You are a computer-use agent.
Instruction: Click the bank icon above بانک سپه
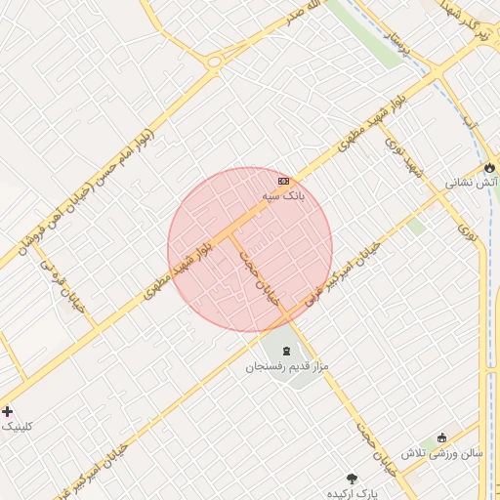click(283, 182)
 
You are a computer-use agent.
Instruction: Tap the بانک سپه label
click(283, 196)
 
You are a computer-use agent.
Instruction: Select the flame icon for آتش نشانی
click(489, 168)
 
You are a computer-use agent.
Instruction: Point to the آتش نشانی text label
click(473, 183)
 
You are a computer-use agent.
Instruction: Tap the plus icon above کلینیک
click(8, 411)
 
